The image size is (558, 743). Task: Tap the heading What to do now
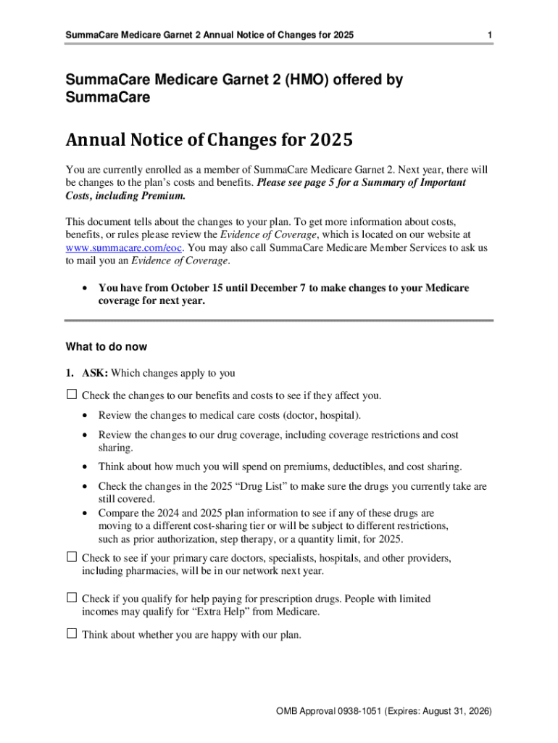coord(106,347)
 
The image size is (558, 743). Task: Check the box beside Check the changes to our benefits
coord(71,395)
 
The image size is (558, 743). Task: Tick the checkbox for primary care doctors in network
coord(71,557)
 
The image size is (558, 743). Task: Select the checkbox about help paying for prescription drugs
coord(71,598)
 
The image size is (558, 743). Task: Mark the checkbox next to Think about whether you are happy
coord(71,633)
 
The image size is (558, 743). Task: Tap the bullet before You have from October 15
coord(86,289)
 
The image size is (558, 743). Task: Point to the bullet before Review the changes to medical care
coord(86,416)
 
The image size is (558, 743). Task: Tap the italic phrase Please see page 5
coord(296,183)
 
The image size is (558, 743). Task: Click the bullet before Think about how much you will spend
coord(86,467)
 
